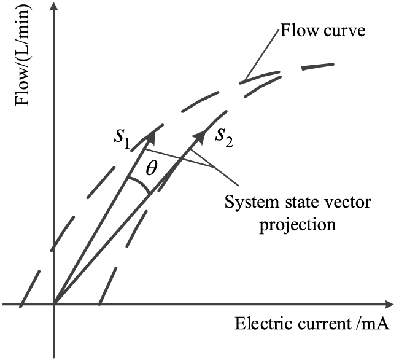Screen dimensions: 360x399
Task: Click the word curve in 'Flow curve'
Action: [346, 31]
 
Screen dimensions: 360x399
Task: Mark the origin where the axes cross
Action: [55, 304]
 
